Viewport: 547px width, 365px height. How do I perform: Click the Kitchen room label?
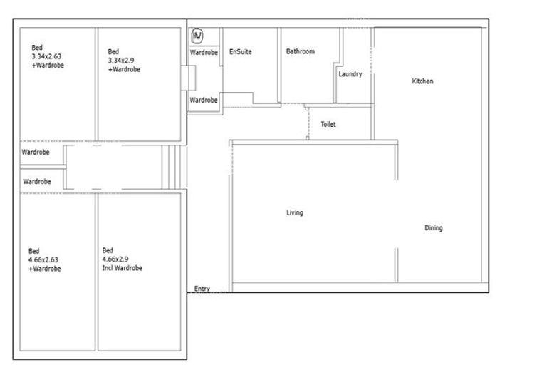coord(422,81)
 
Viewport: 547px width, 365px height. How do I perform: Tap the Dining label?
coord(434,228)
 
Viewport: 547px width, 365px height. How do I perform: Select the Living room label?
coord(295,212)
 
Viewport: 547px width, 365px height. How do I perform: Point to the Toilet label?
coord(328,125)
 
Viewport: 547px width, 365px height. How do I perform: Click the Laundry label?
coord(350,74)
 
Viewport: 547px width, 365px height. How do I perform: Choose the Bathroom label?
coord(301,52)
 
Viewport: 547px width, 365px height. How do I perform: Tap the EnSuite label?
coord(241,52)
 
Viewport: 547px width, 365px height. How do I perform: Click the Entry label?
coord(202,289)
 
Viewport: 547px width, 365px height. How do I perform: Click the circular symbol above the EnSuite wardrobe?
coord(198,35)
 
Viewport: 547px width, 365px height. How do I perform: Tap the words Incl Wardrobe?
coord(123,268)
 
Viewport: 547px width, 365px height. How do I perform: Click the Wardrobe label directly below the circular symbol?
coord(204,53)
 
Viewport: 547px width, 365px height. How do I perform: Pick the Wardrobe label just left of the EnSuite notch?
coord(204,101)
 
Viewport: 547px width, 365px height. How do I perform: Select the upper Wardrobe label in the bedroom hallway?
coord(36,153)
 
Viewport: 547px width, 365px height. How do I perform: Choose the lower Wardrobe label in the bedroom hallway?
coord(37,182)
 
